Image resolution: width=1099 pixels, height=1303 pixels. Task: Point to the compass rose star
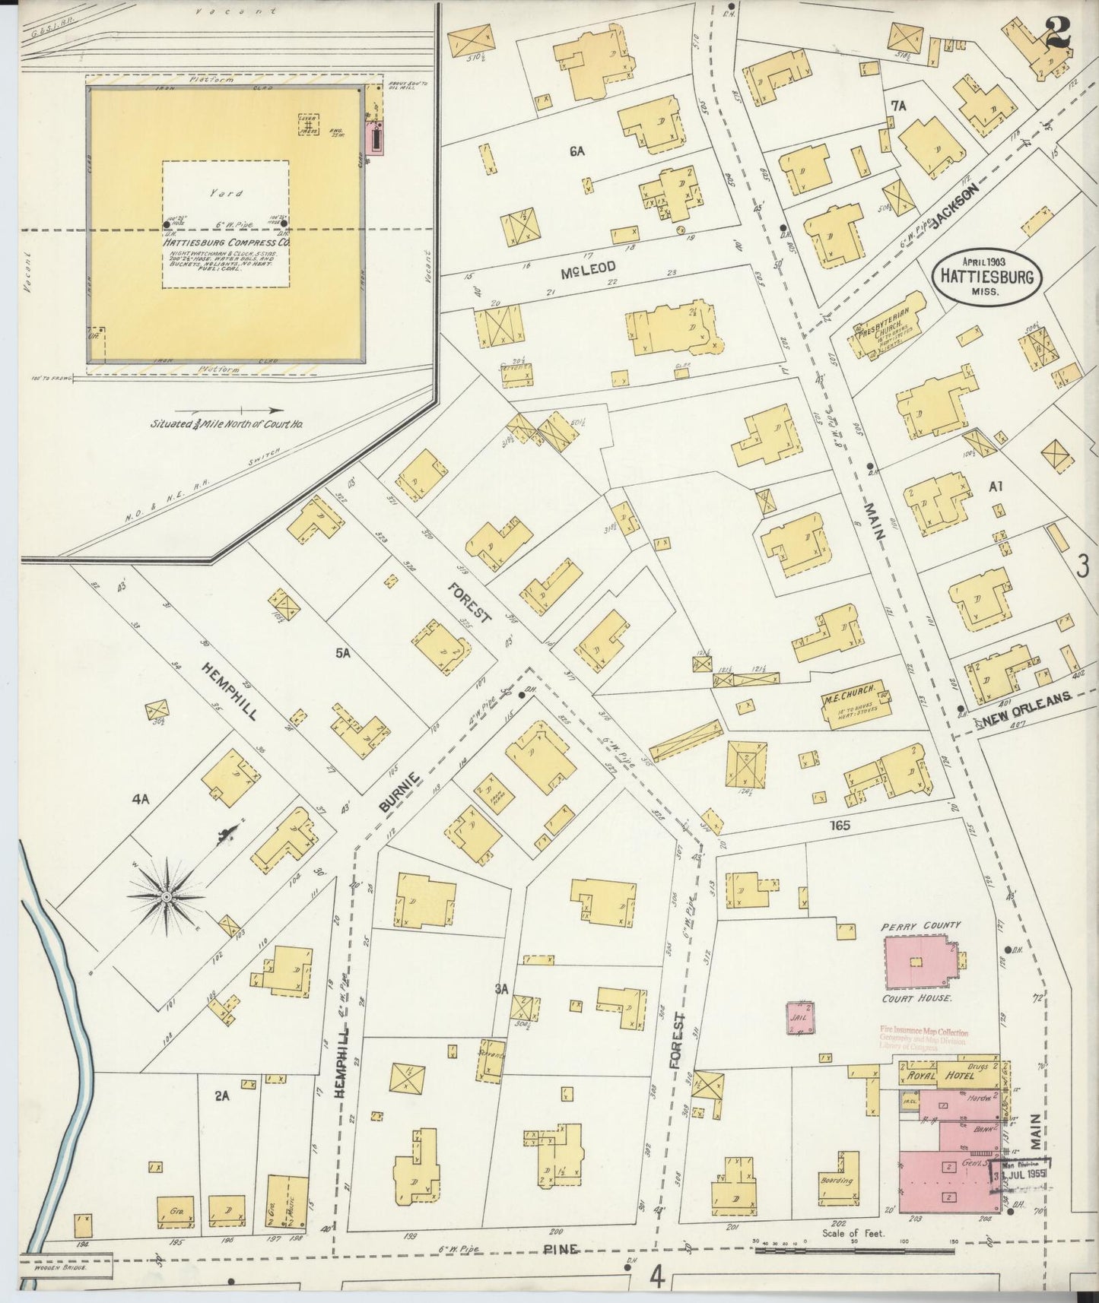coord(166,897)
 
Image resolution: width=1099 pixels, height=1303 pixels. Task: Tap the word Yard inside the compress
coord(226,193)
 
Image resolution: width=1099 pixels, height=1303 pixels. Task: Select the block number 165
coord(840,825)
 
